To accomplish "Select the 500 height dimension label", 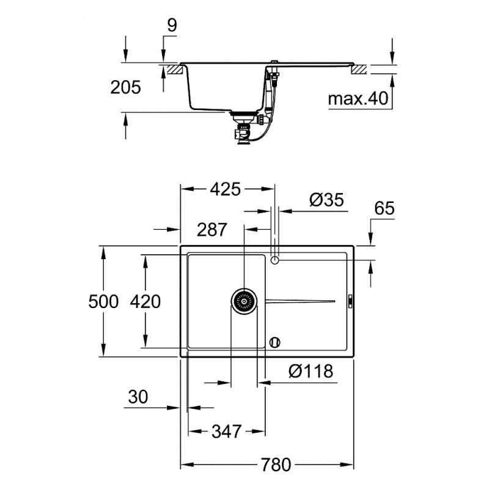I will [102, 301].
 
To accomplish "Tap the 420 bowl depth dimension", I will [145, 301].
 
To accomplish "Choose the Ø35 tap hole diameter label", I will [326, 200].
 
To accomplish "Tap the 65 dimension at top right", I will [384, 208].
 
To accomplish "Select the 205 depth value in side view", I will [125, 87].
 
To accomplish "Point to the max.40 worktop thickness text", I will [358, 98].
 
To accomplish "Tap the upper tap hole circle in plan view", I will [274, 260].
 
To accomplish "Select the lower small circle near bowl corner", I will [274, 342].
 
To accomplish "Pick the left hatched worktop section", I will [173, 70].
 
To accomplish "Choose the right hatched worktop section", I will [358, 70].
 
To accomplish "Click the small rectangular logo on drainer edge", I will [350, 301].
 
